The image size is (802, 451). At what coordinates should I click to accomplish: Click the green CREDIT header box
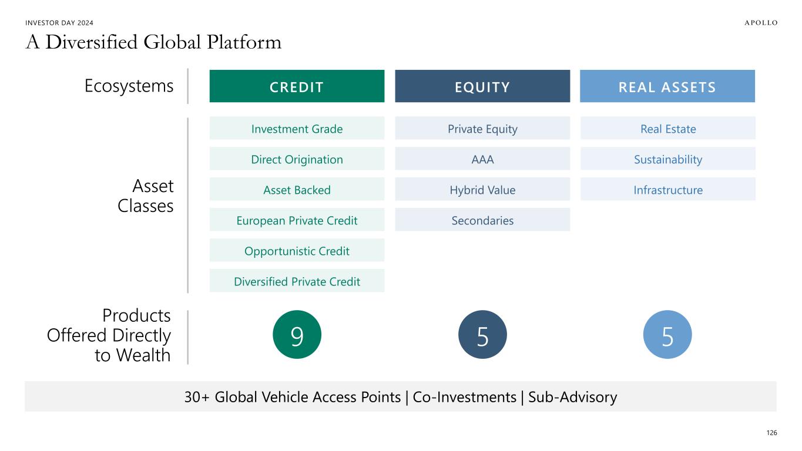297,86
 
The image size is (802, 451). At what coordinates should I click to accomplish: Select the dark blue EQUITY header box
482,86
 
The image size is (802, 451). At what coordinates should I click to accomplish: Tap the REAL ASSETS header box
667,86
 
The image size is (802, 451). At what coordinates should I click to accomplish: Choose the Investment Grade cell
297,128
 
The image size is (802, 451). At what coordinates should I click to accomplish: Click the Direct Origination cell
297,159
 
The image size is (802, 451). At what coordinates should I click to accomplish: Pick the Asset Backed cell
297,189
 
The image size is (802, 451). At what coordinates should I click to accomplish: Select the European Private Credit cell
297,220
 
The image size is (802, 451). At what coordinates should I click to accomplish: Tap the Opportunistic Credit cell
297,250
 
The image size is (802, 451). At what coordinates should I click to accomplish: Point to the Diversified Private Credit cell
297,281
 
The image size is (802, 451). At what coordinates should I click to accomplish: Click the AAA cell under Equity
482,159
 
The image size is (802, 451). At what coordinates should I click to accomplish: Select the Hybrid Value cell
482,189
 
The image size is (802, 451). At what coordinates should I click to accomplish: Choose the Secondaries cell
482,220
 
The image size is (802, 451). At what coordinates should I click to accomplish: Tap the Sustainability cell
667,159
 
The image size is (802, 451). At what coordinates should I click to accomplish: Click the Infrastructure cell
667,189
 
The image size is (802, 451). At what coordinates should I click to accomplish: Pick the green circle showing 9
297,335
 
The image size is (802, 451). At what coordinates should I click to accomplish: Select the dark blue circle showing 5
482,335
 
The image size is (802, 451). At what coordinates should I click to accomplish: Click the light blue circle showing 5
667,335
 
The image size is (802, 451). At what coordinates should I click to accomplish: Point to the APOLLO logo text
761,23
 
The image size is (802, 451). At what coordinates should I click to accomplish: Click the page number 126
771,433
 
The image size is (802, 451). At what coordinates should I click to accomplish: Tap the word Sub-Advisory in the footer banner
572,397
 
